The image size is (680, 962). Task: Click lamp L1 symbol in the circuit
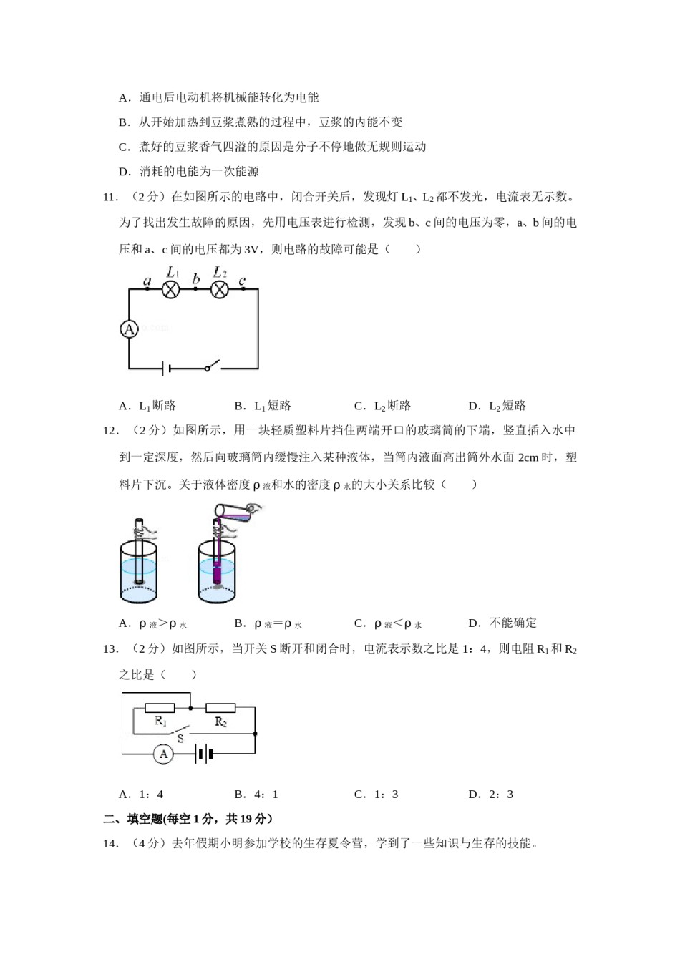point(170,289)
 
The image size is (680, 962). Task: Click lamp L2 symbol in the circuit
point(219,289)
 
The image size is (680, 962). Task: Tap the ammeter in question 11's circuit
point(129,329)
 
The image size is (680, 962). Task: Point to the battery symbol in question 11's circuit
point(165,369)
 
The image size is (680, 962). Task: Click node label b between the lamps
point(195,279)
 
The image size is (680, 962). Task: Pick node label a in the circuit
point(147,281)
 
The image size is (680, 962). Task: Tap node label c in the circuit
point(243,281)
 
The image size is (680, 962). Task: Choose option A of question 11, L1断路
point(147,406)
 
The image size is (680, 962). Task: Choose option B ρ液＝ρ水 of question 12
point(268,623)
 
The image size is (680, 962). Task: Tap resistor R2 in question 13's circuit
point(220,708)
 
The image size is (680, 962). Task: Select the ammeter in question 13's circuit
point(164,754)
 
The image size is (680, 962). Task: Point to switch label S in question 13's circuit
point(180,737)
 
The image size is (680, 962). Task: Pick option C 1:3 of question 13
point(377,794)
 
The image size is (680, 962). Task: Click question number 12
point(110,430)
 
